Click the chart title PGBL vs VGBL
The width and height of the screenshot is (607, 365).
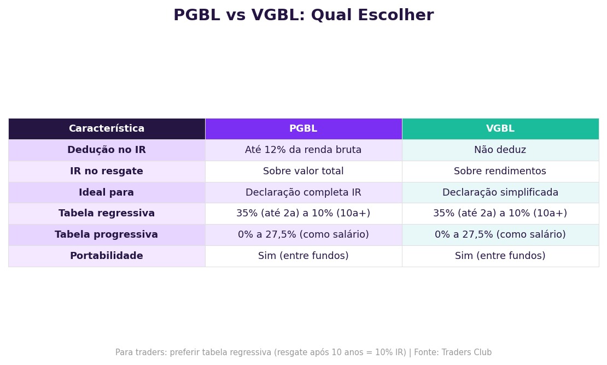[303, 16]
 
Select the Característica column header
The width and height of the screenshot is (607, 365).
[107, 129]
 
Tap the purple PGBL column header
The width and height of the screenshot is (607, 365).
[303, 129]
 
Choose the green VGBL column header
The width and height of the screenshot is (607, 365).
[500, 129]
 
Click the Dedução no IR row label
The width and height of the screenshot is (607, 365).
[107, 150]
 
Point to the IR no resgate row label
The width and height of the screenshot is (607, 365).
[107, 172]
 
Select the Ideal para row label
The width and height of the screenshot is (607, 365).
[107, 193]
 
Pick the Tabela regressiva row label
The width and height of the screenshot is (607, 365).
[107, 214]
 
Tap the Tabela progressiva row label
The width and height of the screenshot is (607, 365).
[107, 235]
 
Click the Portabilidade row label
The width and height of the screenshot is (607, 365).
[107, 256]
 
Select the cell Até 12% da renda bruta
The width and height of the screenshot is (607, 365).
[303, 150]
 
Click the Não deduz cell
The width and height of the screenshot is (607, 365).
[500, 150]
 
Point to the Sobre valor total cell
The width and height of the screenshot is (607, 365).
[303, 172]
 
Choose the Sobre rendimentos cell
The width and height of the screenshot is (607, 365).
[500, 172]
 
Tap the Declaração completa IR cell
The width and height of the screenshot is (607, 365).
[303, 193]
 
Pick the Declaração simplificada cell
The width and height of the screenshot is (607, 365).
[500, 193]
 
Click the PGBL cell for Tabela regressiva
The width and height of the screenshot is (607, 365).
[303, 214]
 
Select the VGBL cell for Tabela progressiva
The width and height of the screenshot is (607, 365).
[500, 235]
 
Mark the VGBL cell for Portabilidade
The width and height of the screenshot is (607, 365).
[500, 256]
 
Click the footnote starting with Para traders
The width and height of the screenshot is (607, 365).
[303, 353]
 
